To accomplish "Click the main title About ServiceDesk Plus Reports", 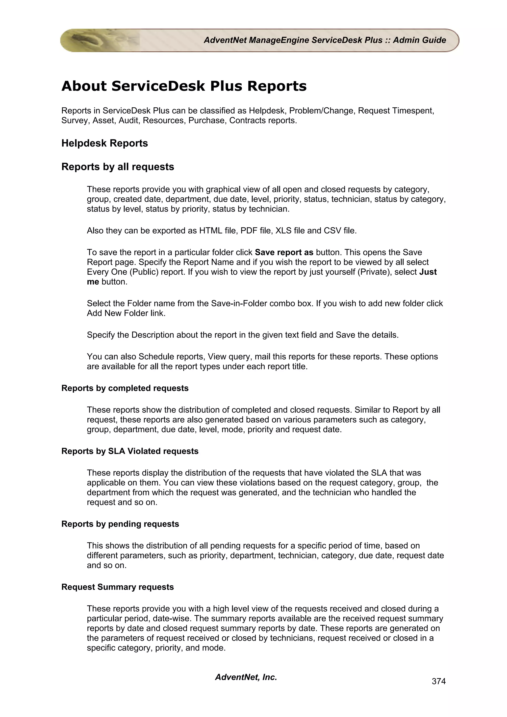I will click(x=184, y=86).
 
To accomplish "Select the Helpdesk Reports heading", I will click(x=105, y=143).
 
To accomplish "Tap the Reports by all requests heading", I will click(x=118, y=167).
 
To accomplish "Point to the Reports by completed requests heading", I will click(x=125, y=388).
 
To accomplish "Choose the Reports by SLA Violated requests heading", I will click(x=130, y=451).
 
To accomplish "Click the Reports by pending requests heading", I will click(x=120, y=524).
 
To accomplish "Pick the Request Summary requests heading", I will click(x=117, y=587).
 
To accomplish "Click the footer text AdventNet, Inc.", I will click(x=246, y=677).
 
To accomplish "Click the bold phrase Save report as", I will click(x=284, y=252).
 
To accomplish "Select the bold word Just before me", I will click(x=428, y=272).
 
